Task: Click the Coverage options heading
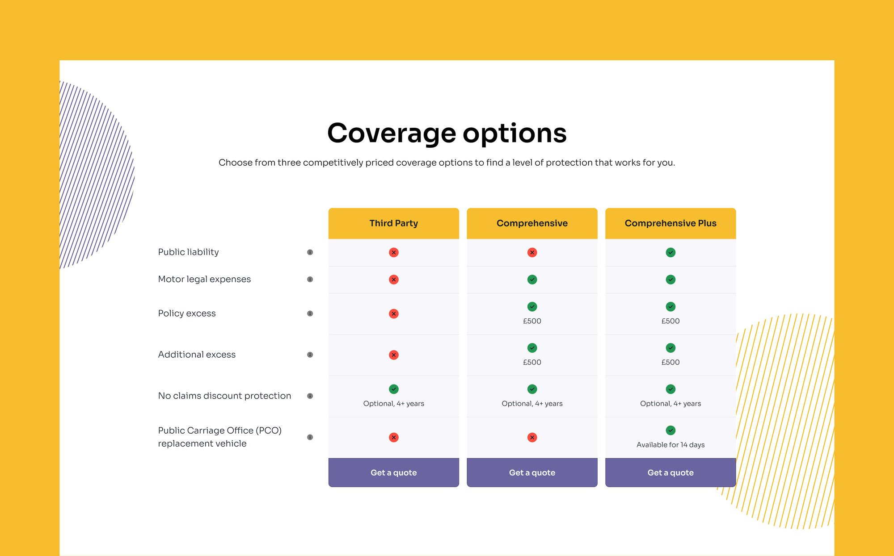coord(447,133)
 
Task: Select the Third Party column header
coord(394,223)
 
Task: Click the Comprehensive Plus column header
coord(670,223)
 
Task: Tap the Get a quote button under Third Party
coord(394,472)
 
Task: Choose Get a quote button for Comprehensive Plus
coord(670,472)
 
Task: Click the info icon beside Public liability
coord(310,252)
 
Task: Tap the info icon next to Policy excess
coord(310,314)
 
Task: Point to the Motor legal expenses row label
coord(204,279)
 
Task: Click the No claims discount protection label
coord(224,396)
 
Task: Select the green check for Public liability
coord(670,252)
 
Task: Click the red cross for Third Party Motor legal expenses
coord(394,280)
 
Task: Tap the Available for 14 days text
coord(670,445)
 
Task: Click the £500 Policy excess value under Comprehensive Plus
coord(670,321)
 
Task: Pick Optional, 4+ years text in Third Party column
coord(394,404)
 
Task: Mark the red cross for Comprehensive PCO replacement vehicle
coord(532,437)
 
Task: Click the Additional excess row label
coord(197,355)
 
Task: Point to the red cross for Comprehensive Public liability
coord(532,252)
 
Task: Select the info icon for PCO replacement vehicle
coord(310,437)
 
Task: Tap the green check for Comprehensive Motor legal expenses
coord(532,280)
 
